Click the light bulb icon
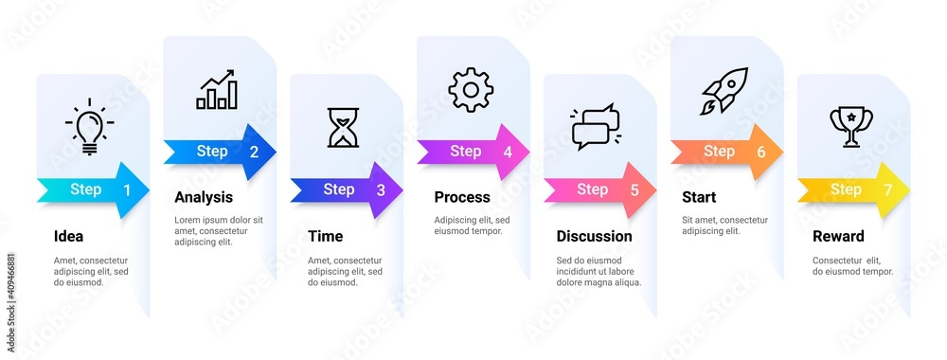pyautogui.click(x=89, y=129)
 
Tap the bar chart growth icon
pyautogui.click(x=217, y=89)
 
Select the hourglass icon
pyautogui.click(x=343, y=128)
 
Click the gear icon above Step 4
pyautogui.click(x=471, y=90)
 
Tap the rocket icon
pyautogui.click(x=724, y=91)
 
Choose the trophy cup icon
pyautogui.click(x=851, y=126)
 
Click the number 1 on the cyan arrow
pyautogui.click(x=127, y=190)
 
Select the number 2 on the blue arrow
pyautogui.click(x=254, y=152)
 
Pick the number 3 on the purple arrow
pyautogui.click(x=381, y=190)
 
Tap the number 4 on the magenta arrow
pyautogui.click(x=508, y=152)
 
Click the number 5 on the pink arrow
pyautogui.click(x=634, y=190)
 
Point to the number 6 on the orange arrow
pyautogui.click(x=761, y=152)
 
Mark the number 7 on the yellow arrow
pyautogui.click(x=887, y=190)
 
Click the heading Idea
pyautogui.click(x=68, y=236)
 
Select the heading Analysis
pyautogui.click(x=204, y=197)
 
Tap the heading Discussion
pyautogui.click(x=594, y=236)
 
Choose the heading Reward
pyautogui.click(x=838, y=236)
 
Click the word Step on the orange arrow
pyautogui.click(x=719, y=151)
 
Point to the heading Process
pyautogui.click(x=462, y=197)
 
